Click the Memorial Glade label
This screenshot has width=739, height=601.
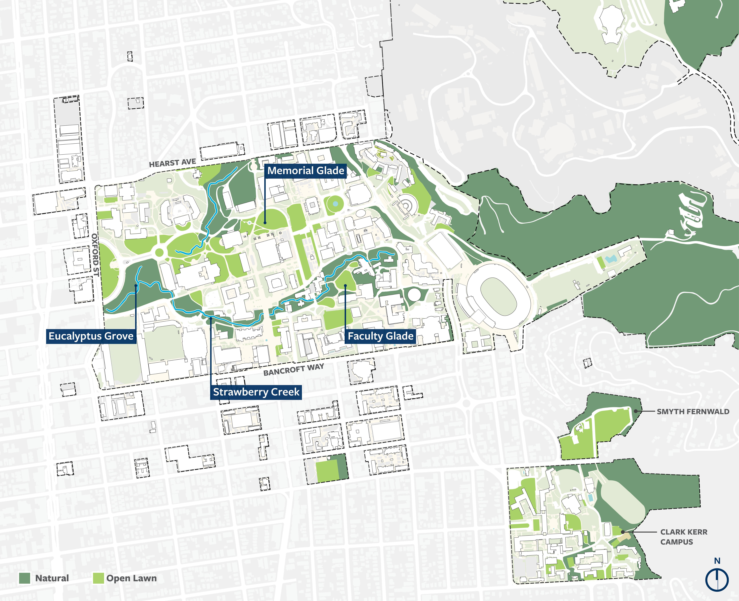pos(306,171)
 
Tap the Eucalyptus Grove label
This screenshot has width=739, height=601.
pos(91,336)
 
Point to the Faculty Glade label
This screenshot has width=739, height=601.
pos(380,336)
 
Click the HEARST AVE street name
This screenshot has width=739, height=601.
pos(173,163)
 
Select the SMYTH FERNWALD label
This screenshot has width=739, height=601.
pos(693,412)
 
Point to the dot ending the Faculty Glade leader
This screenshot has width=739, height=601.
pos(345,286)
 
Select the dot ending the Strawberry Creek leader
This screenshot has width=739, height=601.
pos(211,318)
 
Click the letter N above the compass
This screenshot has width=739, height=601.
pos(717,561)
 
